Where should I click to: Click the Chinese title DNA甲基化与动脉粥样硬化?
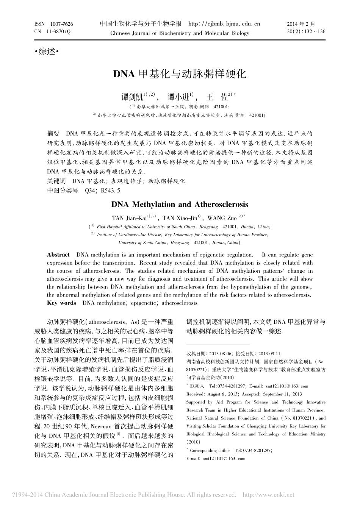coord(180,73)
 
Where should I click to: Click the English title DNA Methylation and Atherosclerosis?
coord(180,205)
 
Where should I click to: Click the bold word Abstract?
coord(58,254)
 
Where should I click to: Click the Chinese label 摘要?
coord(53,134)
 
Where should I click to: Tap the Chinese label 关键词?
coord(56,181)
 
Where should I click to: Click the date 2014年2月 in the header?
coord(301,24)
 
